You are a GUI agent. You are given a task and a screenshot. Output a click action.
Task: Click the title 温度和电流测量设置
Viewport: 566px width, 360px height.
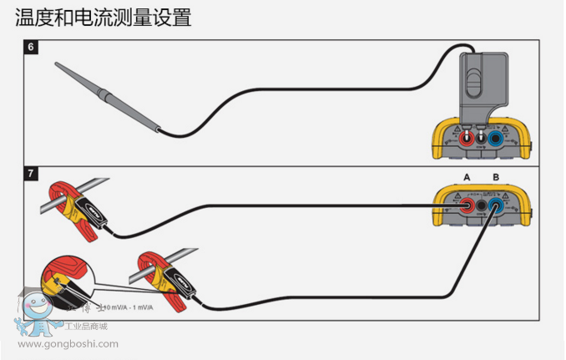(x=104, y=17)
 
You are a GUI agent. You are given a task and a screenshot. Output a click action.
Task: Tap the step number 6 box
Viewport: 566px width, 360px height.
(x=31, y=47)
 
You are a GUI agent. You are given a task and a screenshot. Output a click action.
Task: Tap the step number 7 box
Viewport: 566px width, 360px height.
(x=31, y=175)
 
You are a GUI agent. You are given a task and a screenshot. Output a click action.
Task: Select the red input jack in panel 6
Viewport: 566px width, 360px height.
(x=467, y=138)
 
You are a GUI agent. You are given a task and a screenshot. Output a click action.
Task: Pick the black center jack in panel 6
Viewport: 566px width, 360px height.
(x=482, y=139)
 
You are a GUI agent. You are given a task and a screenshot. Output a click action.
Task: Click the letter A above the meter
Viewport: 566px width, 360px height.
(x=467, y=177)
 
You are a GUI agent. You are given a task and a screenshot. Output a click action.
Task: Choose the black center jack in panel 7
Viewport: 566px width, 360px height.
(x=482, y=205)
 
